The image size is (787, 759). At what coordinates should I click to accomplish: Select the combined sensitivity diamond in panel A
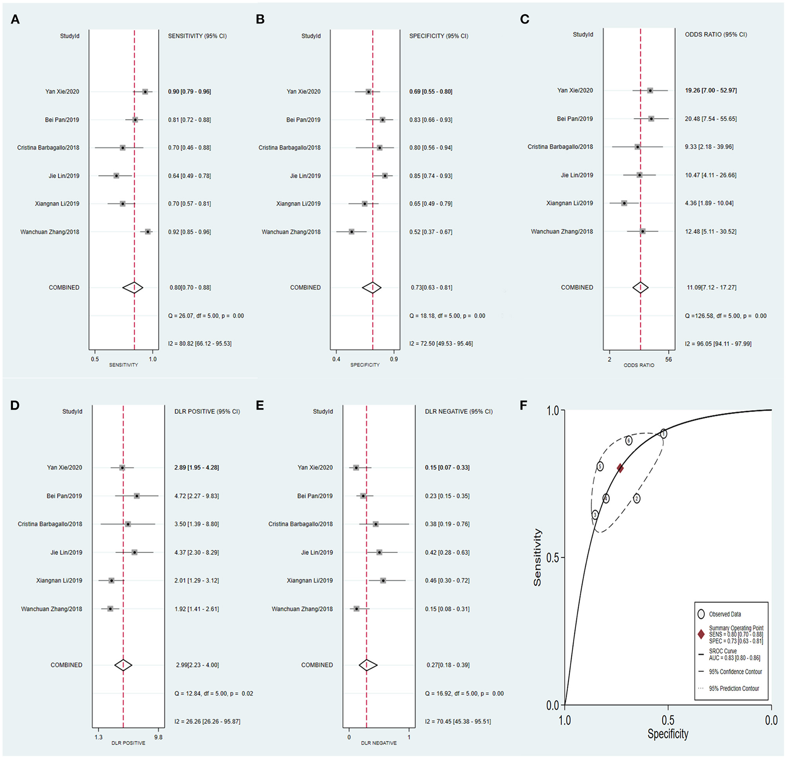133,288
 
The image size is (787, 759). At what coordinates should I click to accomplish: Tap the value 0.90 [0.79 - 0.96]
189,92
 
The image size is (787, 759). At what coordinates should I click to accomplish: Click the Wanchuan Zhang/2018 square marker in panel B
351,232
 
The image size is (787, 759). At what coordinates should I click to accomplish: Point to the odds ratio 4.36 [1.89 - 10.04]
709,203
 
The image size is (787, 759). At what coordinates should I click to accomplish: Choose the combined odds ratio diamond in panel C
640,288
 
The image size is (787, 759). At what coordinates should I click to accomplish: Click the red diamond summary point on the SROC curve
620,468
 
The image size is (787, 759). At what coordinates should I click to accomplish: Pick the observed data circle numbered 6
629,441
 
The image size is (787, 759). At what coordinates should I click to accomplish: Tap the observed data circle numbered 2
636,499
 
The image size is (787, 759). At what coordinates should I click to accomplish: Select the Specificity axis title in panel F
668,734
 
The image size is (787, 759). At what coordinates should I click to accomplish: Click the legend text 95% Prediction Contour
734,688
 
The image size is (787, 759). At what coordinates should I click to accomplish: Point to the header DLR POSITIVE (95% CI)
207,411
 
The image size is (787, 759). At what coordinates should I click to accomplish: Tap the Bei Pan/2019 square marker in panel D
137,496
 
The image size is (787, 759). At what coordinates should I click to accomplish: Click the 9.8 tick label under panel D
158,737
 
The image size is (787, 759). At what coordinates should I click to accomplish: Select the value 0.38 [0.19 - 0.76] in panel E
447,524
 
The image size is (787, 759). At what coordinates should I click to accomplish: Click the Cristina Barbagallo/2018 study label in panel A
48,148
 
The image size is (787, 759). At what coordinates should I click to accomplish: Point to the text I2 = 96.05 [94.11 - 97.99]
718,344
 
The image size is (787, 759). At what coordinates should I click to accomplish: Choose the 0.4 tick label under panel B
336,359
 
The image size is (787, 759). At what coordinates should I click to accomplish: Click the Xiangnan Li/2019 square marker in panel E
383,580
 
